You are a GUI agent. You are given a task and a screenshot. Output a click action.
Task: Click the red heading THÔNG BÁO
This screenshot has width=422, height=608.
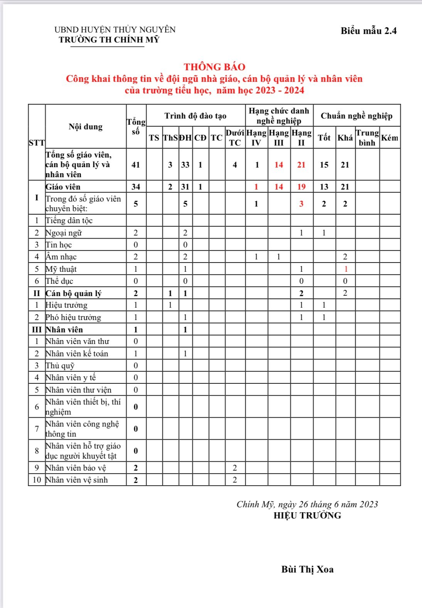[x=214, y=67]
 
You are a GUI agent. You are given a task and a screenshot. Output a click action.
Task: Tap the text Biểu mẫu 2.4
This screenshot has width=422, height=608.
[x=368, y=31]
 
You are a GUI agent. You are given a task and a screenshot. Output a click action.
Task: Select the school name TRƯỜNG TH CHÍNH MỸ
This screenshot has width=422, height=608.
[x=109, y=40]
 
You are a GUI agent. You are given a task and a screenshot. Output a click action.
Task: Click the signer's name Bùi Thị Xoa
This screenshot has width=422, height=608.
[x=307, y=569]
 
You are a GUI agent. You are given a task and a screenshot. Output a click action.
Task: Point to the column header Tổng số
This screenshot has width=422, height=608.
[x=136, y=127]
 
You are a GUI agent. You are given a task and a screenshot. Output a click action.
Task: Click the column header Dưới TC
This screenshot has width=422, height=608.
[x=235, y=138]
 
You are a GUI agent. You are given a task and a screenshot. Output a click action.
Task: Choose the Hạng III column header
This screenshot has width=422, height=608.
[x=279, y=138]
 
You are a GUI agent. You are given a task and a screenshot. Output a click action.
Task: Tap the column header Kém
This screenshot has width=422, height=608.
[x=390, y=138]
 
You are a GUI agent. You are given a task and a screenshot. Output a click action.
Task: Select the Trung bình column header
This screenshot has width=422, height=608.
[x=367, y=138]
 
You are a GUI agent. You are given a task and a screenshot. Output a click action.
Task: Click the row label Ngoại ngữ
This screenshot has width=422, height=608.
[x=64, y=233]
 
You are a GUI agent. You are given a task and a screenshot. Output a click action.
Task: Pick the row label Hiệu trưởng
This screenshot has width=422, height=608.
[x=66, y=305]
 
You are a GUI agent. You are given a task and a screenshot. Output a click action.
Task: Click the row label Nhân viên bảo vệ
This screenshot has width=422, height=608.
[x=76, y=468]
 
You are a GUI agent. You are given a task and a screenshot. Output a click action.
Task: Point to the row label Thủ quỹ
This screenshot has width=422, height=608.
[x=60, y=366]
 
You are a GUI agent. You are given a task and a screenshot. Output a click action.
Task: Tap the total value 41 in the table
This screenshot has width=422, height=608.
[x=136, y=165]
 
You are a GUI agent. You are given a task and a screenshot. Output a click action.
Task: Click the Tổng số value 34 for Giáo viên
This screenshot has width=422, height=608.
[x=136, y=187]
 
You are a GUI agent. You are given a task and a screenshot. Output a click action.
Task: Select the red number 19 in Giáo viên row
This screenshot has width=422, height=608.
[x=301, y=187]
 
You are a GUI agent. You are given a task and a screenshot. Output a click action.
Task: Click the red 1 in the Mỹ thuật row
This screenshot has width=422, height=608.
[x=346, y=269]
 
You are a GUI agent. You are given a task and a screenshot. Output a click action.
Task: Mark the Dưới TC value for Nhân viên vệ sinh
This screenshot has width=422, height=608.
[x=235, y=480]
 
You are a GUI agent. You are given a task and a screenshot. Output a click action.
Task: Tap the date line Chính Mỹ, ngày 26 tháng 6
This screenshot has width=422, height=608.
[x=307, y=504]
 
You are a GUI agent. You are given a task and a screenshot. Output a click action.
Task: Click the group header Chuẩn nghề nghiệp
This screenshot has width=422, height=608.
[x=356, y=116]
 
